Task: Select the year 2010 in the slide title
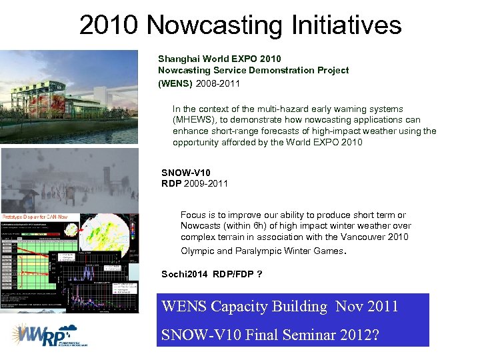coord(110,26)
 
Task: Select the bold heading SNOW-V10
coord(186,173)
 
